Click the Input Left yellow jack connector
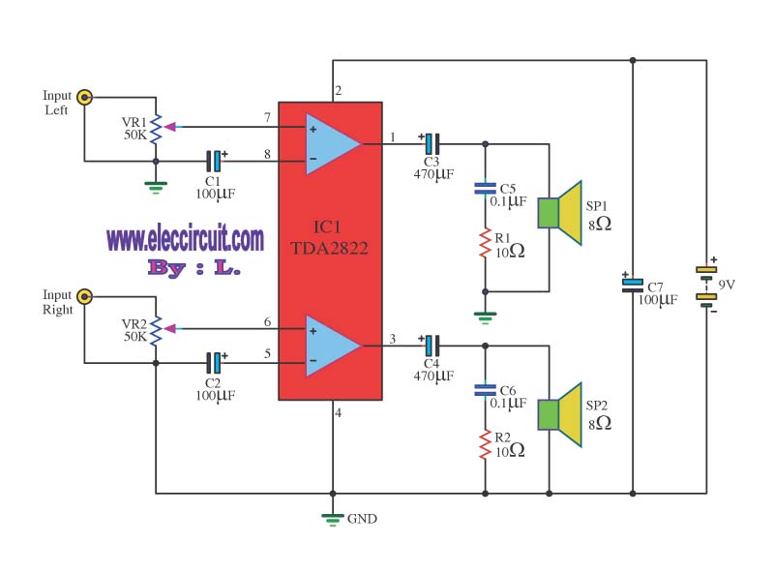(85, 97)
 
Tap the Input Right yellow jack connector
(85, 296)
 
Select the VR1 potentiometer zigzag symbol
(156, 129)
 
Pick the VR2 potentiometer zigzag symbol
(156, 330)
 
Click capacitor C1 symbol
(214, 161)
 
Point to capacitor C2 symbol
(214, 363)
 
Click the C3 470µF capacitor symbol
(432, 144)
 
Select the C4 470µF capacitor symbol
(432, 346)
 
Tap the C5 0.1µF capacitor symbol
(485, 188)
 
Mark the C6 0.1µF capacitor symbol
(485, 390)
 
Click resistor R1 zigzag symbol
(486, 243)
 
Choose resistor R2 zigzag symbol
(486, 444)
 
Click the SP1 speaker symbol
(560, 213)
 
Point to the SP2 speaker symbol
(560, 415)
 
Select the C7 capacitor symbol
(633, 285)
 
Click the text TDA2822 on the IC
(329, 248)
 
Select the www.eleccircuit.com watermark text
(185, 237)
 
